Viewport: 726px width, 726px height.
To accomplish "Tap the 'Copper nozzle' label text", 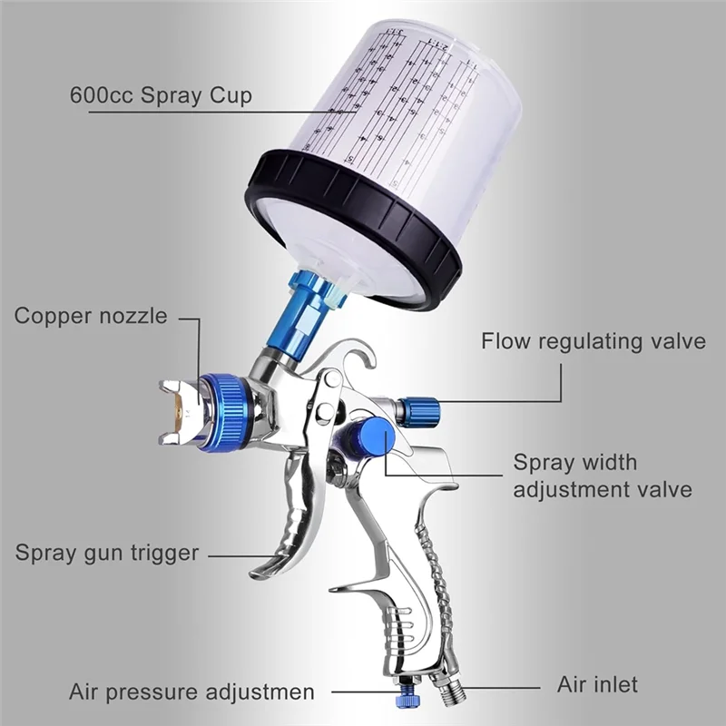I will tap(91, 317).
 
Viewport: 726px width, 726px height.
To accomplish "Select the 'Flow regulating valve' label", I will tap(593, 342).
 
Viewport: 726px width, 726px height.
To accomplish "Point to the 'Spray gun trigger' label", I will tap(106, 553).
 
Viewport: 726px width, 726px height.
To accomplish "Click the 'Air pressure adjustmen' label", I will tap(191, 692).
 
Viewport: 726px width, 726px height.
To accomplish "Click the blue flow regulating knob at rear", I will tap(419, 411).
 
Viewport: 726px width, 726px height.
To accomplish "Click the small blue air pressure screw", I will tap(398, 698).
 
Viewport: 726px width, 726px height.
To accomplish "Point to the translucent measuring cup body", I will tap(408, 109).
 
